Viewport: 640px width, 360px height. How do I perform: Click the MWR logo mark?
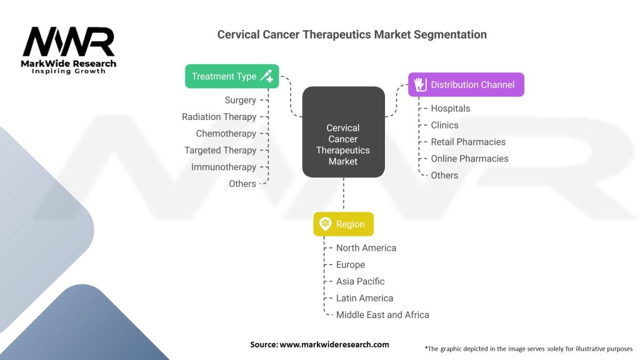point(69,42)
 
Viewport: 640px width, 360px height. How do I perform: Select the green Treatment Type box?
point(232,76)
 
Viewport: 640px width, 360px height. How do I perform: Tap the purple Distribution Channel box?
point(466,84)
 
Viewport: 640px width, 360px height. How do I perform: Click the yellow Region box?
point(343,224)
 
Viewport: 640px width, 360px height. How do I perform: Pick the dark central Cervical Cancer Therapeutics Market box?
point(343,132)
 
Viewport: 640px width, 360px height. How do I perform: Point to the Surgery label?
point(241,100)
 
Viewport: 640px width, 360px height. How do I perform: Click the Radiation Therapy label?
point(219,117)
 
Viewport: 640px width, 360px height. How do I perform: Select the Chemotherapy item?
point(226,134)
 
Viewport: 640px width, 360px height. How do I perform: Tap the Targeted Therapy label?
point(221,150)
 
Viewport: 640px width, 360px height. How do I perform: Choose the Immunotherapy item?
point(224,167)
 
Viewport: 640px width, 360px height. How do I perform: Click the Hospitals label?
point(451,109)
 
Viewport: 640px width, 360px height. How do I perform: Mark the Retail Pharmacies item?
point(468,142)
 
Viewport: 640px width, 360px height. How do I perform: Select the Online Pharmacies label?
point(470,159)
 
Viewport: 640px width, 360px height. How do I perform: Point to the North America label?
point(366,248)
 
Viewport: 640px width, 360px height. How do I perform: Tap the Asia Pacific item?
point(361,282)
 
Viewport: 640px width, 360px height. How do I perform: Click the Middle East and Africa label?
point(382,315)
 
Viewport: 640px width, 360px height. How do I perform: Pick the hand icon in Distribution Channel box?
point(420,84)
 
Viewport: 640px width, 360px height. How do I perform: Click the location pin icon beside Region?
point(325,224)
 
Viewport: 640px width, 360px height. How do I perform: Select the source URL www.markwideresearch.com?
point(334,344)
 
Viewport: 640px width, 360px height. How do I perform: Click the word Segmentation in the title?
point(450,35)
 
